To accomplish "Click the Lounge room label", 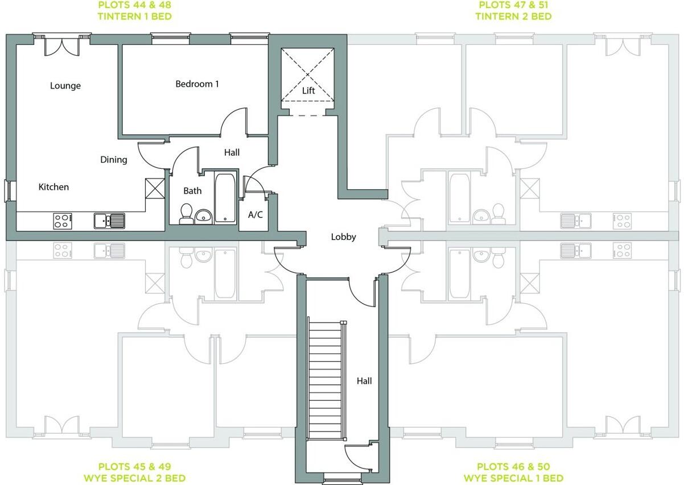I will click(65, 86).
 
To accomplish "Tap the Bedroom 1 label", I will click(197, 84).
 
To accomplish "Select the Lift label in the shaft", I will click(308, 90).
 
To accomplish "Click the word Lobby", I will click(344, 237).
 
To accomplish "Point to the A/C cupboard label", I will click(255, 215).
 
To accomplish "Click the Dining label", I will click(114, 160).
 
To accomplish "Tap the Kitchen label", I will click(53, 187).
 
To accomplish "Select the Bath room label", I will click(192, 190).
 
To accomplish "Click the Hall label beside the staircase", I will click(364, 381).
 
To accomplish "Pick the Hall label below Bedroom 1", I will click(232, 152).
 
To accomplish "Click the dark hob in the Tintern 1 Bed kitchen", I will click(63, 221).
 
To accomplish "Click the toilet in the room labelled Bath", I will click(186, 214).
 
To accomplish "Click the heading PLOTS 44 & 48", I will click(134, 5).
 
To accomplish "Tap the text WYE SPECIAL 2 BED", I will click(142, 478).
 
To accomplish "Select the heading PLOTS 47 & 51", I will click(513, 5).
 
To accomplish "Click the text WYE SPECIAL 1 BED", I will click(513, 478).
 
